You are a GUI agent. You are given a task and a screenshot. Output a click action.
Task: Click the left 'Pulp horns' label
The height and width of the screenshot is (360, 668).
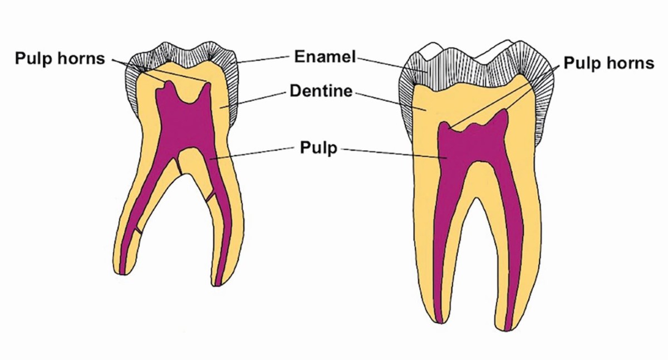coord(60,58)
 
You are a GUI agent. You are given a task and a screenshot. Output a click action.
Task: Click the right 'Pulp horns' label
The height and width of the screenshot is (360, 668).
coord(608,63)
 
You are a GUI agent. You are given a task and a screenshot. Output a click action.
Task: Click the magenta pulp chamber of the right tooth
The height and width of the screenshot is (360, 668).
coord(473,145)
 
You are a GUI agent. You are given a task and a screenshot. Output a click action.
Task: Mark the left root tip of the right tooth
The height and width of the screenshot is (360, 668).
coord(439,319)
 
